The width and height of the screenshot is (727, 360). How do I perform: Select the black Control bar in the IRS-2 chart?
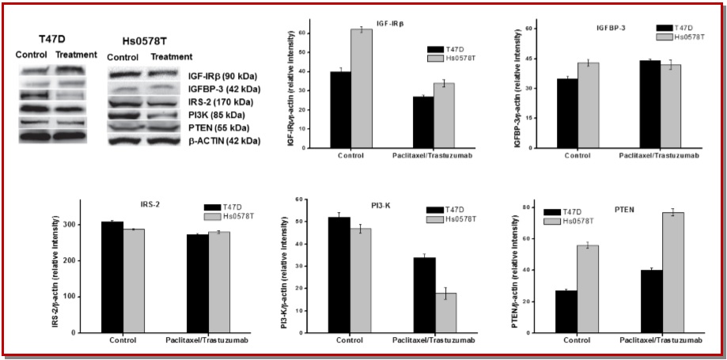(112, 277)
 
